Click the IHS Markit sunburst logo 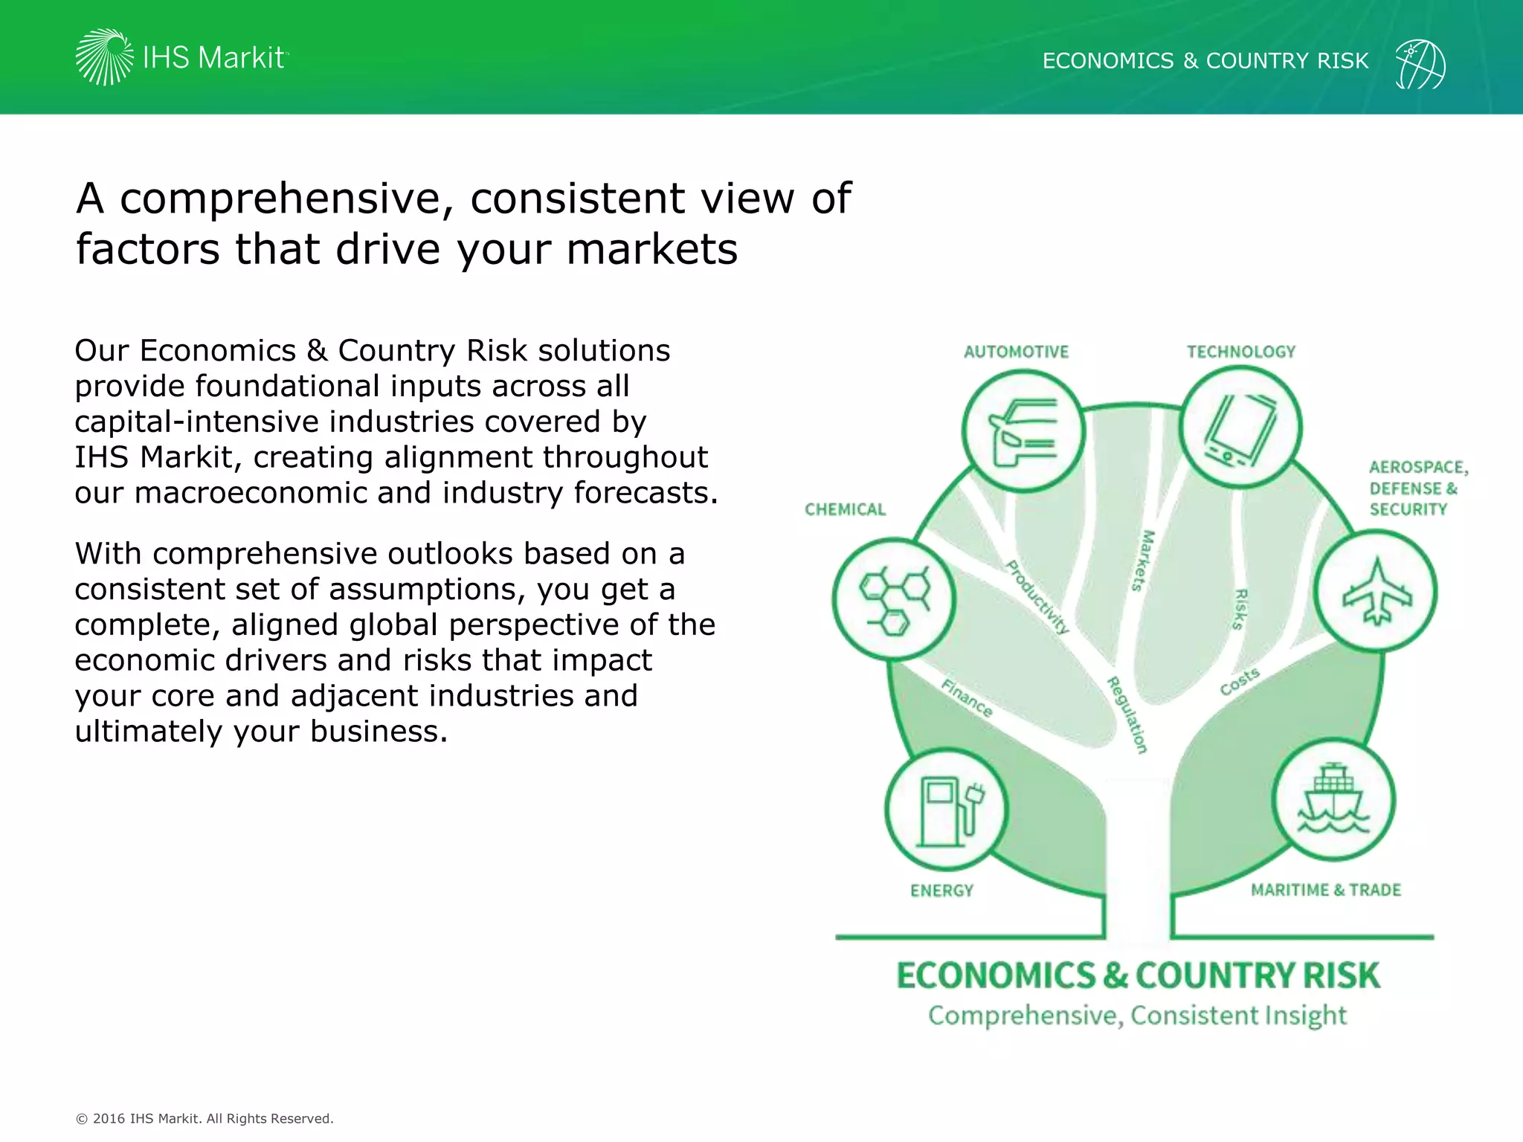104,57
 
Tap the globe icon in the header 1420,64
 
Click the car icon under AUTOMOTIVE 1023,431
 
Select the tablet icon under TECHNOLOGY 1240,428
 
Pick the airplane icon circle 1376,592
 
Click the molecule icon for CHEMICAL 895,599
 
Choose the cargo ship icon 1333,800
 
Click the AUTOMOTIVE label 1016,352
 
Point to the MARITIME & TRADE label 1325,890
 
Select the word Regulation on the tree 1127,714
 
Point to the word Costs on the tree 1240,682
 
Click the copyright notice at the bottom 205,1118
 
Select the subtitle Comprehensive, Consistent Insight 1137,1016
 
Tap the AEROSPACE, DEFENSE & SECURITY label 1417,488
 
